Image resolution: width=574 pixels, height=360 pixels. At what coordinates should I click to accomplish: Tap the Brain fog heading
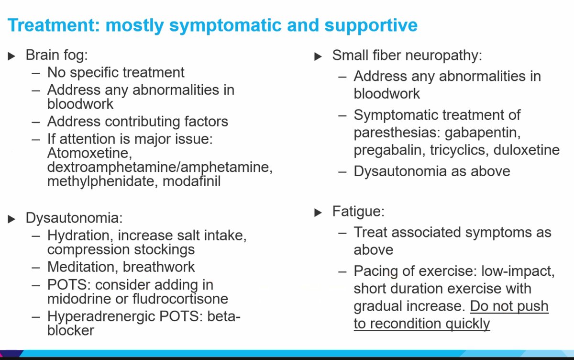coord(56,55)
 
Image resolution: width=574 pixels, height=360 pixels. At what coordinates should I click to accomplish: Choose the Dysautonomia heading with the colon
coord(74,218)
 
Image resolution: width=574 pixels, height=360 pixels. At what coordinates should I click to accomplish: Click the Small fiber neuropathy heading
coord(407,55)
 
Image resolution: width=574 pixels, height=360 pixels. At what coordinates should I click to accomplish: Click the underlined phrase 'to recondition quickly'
coord(422,324)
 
